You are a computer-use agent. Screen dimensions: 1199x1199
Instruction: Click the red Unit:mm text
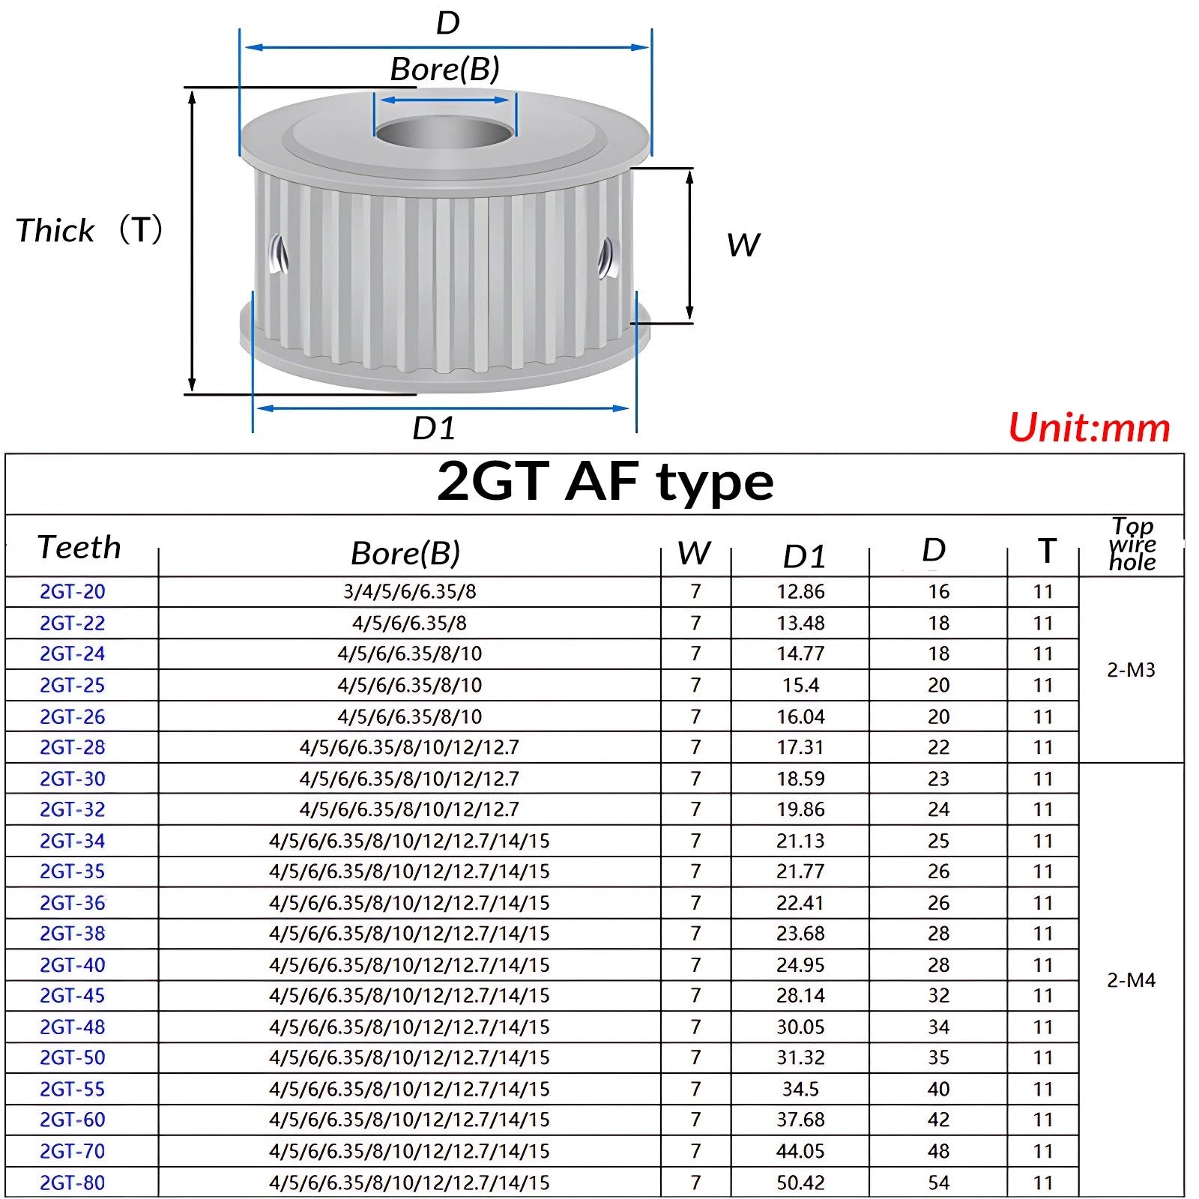tap(1089, 428)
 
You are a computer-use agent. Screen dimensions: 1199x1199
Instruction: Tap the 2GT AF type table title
tap(605, 482)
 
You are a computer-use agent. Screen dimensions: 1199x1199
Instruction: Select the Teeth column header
tap(79, 547)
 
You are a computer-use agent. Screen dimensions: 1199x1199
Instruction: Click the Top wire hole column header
tap(1132, 545)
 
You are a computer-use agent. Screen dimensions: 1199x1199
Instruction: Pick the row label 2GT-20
tap(73, 591)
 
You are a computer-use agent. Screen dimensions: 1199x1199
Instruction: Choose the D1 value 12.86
tap(800, 591)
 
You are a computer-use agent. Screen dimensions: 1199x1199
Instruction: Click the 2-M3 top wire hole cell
tap(1131, 669)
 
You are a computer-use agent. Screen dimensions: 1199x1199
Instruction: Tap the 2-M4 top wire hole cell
tap(1131, 979)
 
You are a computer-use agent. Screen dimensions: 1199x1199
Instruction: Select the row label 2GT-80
tap(73, 1182)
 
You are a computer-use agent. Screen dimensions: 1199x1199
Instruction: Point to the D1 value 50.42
tap(800, 1182)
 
